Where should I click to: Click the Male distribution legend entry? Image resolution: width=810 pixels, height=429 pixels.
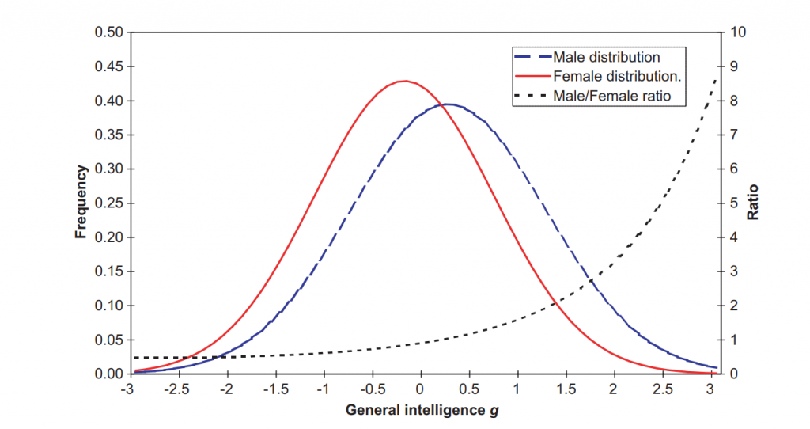pyautogui.click(x=606, y=57)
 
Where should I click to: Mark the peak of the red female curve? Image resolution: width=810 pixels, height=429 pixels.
pyautogui.click(x=405, y=81)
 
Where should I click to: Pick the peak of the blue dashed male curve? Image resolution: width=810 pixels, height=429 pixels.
pyautogui.click(x=448, y=104)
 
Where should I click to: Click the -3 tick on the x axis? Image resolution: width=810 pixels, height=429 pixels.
pyautogui.click(x=127, y=389)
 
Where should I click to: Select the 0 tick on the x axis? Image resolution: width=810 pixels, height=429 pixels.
pyautogui.click(x=420, y=389)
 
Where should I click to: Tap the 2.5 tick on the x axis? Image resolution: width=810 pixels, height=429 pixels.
pyautogui.click(x=663, y=389)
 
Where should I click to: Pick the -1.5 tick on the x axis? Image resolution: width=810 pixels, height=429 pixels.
pyautogui.click(x=274, y=389)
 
